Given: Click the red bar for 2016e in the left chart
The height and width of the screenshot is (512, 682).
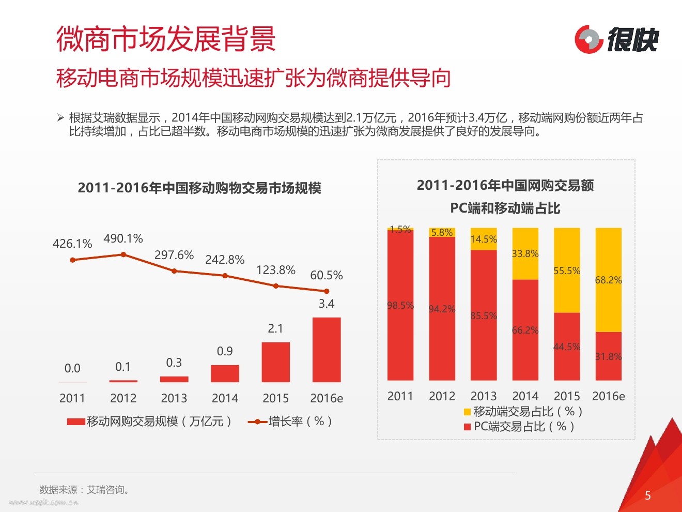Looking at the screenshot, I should [x=327, y=350].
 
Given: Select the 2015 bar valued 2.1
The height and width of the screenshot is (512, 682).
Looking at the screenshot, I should [x=275, y=362].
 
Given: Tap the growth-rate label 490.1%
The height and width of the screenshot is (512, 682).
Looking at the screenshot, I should [x=123, y=239].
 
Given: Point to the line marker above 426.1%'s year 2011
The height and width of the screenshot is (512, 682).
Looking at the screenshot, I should [x=72, y=260].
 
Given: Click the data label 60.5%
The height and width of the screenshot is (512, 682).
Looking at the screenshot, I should [x=326, y=275].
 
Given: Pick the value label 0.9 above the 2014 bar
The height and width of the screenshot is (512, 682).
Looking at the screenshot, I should [x=225, y=351].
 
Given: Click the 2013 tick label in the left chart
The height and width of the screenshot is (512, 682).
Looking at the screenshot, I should [x=174, y=398].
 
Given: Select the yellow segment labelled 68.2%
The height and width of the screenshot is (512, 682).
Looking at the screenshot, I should [x=608, y=280].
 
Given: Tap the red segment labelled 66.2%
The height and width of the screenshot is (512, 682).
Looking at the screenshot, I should [x=525, y=330].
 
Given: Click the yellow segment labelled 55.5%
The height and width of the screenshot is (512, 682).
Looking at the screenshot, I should [x=567, y=270].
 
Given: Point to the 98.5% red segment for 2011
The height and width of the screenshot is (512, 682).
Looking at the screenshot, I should [x=400, y=306].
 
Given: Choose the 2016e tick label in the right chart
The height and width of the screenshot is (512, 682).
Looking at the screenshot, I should [x=608, y=396].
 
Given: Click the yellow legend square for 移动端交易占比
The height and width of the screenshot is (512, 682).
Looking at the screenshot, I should [x=467, y=412].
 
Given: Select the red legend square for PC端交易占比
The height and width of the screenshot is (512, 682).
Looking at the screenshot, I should [x=467, y=427].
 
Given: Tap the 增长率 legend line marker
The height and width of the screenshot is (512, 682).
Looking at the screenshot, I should [x=257, y=422].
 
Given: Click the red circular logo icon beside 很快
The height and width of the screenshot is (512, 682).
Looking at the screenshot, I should [x=588, y=39].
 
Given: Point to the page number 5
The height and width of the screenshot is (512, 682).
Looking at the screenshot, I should [x=648, y=495].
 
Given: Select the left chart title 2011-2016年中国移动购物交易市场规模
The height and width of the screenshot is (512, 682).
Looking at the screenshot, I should [x=199, y=188].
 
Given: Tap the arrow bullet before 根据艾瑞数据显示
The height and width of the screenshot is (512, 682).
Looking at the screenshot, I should [x=60, y=118].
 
